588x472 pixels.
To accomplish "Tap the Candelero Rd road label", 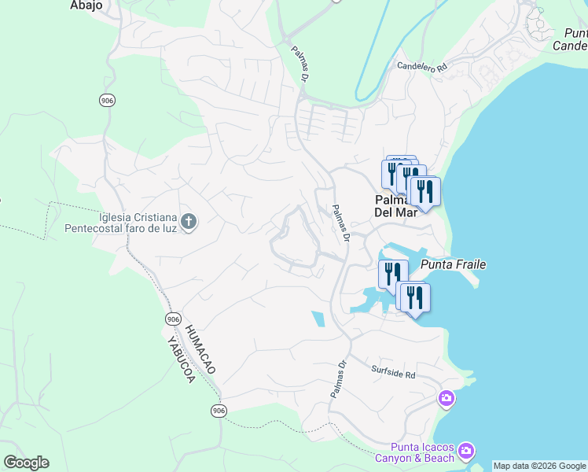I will tap(422, 67).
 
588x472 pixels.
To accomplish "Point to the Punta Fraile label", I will tap(452, 264).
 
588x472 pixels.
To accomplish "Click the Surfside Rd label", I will tap(392, 372).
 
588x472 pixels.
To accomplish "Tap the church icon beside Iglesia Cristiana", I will tap(188, 223).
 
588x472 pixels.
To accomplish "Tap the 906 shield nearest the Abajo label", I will tap(108, 100).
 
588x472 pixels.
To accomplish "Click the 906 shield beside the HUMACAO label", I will tap(174, 319).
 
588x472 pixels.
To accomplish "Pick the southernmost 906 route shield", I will tap(219, 411).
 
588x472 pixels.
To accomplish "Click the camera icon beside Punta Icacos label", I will tap(466, 451).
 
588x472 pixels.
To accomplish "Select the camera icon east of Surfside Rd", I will tap(447, 400).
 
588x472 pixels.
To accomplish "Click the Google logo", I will tap(26, 463).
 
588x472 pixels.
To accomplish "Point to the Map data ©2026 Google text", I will tap(540, 466).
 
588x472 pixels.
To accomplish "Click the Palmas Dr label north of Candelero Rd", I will tap(300, 64).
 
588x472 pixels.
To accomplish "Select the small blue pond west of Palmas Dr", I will tap(318, 319).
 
